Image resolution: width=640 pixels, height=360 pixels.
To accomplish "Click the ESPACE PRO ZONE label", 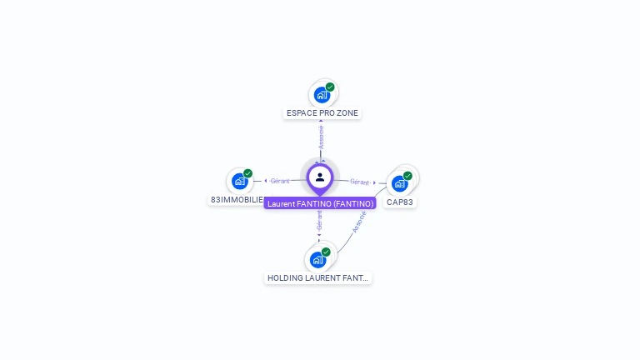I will [x=322, y=113].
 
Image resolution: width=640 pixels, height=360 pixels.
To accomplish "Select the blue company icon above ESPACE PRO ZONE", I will [x=322, y=95].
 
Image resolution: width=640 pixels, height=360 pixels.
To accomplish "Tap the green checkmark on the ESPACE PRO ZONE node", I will [x=330, y=87].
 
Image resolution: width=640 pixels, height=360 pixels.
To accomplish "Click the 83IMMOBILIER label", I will [x=237, y=200].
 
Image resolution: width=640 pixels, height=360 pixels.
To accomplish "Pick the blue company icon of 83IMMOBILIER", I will [x=240, y=181].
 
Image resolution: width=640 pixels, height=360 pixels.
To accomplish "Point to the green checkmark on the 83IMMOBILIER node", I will [x=248, y=173].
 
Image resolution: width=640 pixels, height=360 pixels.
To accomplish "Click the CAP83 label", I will [x=400, y=202].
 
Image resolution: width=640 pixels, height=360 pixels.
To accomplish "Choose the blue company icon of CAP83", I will [x=400, y=183].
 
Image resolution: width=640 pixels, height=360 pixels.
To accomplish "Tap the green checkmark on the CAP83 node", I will [x=407, y=176].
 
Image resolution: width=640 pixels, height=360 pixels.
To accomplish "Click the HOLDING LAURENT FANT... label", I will [x=317, y=277].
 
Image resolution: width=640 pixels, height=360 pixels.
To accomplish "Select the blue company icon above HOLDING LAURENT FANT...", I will [x=317, y=259].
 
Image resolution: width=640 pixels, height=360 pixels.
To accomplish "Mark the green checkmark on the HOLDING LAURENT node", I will [x=326, y=252].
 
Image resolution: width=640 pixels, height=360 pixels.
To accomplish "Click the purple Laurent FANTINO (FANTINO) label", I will [x=320, y=203].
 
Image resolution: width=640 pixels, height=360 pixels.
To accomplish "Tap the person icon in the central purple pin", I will [x=320, y=177].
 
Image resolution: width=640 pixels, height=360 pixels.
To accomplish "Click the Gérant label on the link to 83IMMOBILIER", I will [x=280, y=181].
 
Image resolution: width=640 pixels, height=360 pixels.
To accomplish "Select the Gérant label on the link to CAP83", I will [x=360, y=182].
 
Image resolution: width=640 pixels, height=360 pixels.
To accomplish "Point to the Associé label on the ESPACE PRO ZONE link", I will [x=321, y=137].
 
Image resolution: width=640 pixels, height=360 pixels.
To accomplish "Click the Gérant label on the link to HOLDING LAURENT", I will [x=319, y=221].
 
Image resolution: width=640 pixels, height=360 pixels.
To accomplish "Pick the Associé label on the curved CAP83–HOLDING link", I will [x=359, y=222].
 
